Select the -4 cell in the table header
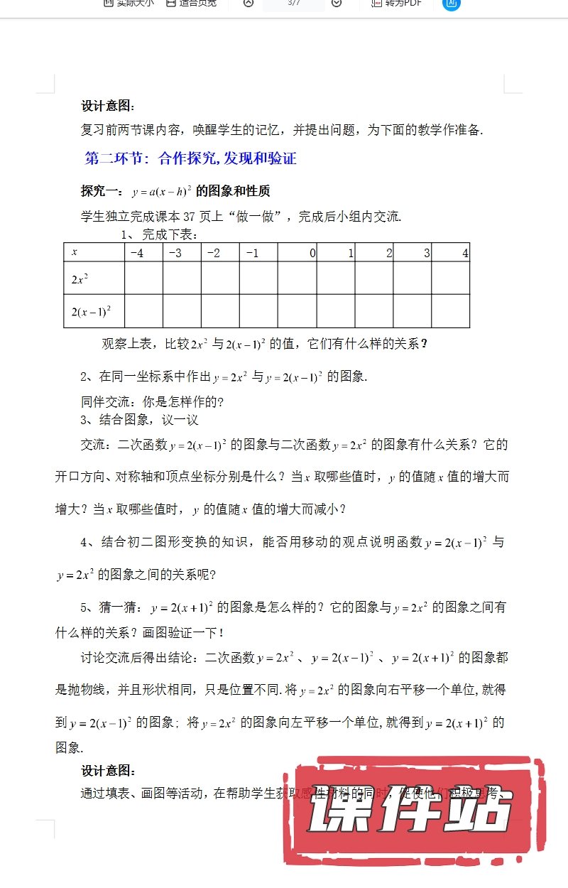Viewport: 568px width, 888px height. [143, 252]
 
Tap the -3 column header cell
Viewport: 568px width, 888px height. [182, 252]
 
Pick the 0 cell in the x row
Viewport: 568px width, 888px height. [297, 252]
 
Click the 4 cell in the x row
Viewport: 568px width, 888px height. [451, 252]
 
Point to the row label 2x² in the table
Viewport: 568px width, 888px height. [80, 279]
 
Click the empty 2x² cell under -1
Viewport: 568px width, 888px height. [258, 278]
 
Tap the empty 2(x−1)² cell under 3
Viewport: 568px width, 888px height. [413, 311]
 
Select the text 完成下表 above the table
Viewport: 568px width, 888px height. [170, 235]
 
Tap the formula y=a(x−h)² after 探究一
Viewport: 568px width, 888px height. [162, 192]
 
